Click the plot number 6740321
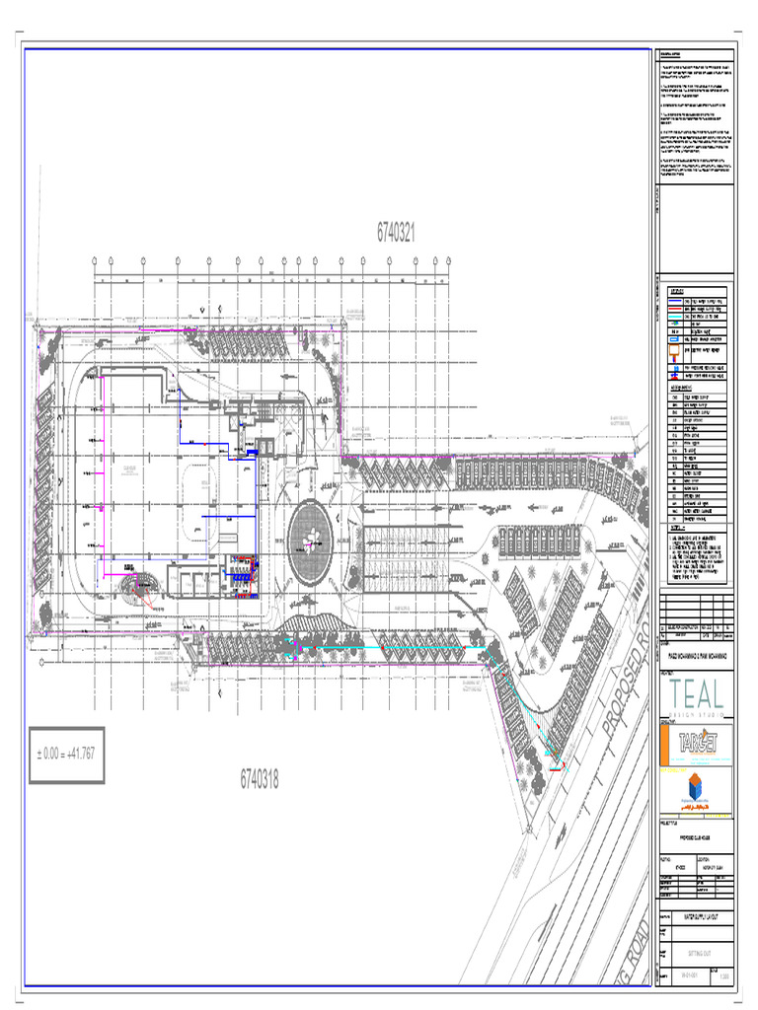click(396, 233)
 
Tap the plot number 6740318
click(260, 779)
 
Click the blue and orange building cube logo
click(696, 791)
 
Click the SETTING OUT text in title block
click(698, 955)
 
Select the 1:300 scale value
click(725, 977)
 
